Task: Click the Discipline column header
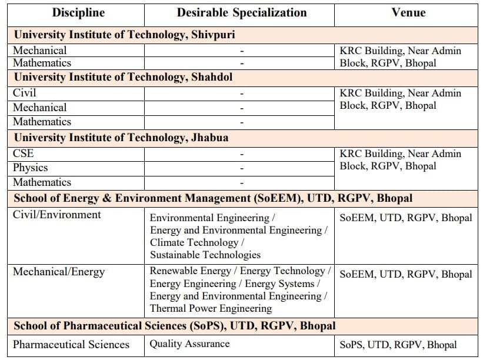(x=78, y=12)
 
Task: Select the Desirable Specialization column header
(x=242, y=12)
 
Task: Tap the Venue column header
(x=408, y=12)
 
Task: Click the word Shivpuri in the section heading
(x=213, y=35)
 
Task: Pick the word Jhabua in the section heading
(x=209, y=138)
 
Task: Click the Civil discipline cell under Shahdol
(x=25, y=93)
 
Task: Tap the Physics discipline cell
(x=31, y=168)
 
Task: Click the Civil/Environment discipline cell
(x=57, y=215)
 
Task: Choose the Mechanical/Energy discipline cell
(x=59, y=272)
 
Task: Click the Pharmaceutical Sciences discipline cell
(x=71, y=345)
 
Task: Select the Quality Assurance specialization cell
(x=189, y=344)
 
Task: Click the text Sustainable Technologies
(x=205, y=255)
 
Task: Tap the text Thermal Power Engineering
(x=211, y=308)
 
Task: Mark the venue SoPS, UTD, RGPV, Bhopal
(x=398, y=345)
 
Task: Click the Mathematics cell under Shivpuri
(x=42, y=63)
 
